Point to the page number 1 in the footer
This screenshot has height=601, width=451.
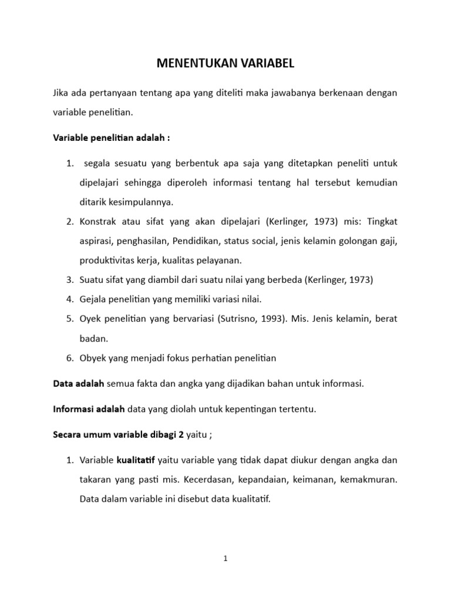click(225, 559)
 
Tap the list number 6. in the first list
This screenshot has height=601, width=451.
click(69, 358)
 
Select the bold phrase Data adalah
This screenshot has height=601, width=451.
click(78, 384)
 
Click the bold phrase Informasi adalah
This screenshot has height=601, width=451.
click(89, 410)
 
